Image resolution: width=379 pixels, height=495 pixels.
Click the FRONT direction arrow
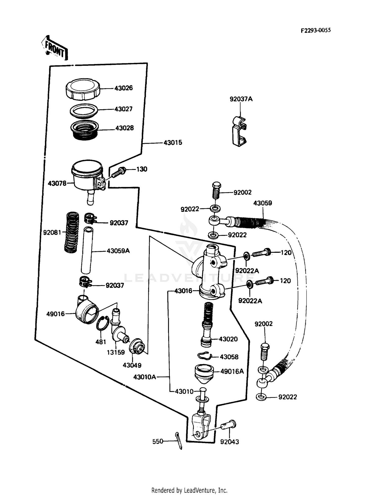tap(55, 48)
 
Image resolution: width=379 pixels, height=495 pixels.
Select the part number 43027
tap(123, 109)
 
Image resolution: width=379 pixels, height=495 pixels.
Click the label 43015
tap(173, 143)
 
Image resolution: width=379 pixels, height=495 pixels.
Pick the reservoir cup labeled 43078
tap(87, 177)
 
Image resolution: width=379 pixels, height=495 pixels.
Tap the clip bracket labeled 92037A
tap(239, 132)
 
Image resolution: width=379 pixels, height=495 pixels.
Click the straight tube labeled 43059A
tap(87, 250)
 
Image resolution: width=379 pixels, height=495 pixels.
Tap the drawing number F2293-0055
tap(315, 30)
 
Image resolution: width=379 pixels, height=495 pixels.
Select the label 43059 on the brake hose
tap(263, 203)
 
